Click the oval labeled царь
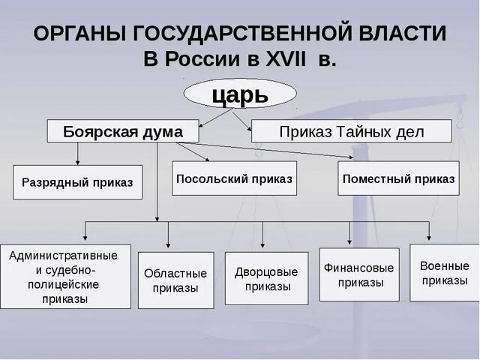click(x=240, y=94)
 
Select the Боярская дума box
click(x=123, y=131)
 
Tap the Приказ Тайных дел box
click(x=351, y=131)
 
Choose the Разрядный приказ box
click(x=77, y=181)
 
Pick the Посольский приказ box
click(x=235, y=178)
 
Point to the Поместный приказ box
click(x=398, y=178)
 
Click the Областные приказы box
click(x=175, y=280)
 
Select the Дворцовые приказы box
click(x=266, y=278)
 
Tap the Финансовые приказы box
click(x=359, y=274)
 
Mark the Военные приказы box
click(x=444, y=272)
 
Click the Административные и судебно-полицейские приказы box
click(x=65, y=277)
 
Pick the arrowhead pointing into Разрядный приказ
click(x=77, y=161)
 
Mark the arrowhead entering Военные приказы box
click(x=429, y=239)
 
